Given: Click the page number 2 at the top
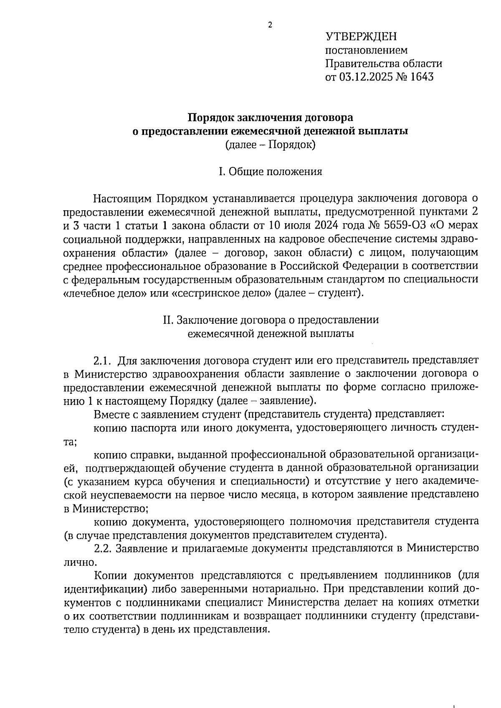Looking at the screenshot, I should pos(270,25).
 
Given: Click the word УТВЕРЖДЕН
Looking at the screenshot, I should pos(361,37).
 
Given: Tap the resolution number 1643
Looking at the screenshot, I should pos(421,77).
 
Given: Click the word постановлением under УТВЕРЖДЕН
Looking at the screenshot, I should pos(366,50).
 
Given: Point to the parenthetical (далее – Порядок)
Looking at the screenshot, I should pos(270,145).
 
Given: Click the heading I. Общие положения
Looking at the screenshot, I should pos(271,171).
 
